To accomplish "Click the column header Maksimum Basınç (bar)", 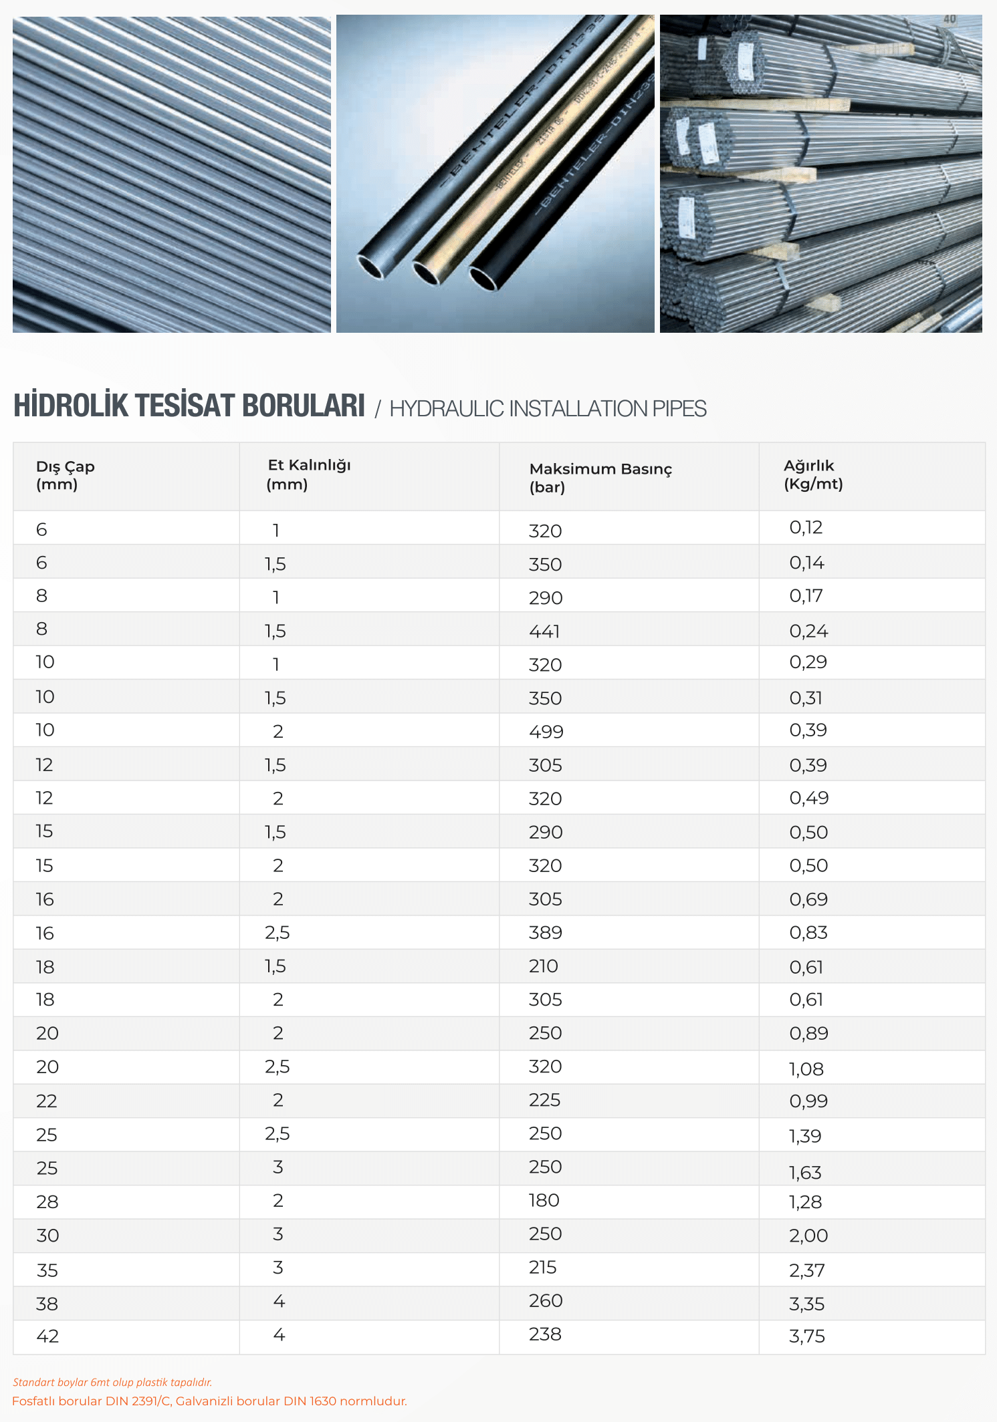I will (x=600, y=477).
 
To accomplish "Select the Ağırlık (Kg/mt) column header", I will (x=812, y=474).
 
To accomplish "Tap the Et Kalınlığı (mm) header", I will (x=308, y=474).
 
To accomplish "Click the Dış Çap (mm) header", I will (x=65, y=475).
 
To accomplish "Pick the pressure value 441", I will (x=544, y=631).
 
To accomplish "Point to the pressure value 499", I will (x=546, y=732).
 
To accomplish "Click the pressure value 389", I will (x=545, y=933).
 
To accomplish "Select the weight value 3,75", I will (x=806, y=1336).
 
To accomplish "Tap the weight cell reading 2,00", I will (x=808, y=1236).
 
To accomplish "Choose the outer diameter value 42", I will (x=47, y=1336).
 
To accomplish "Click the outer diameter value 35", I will (x=47, y=1270).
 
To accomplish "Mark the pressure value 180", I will (x=544, y=1201).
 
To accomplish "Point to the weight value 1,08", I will (x=806, y=1069).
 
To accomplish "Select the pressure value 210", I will (x=543, y=966).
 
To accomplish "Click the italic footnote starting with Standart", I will (x=112, y=1382).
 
